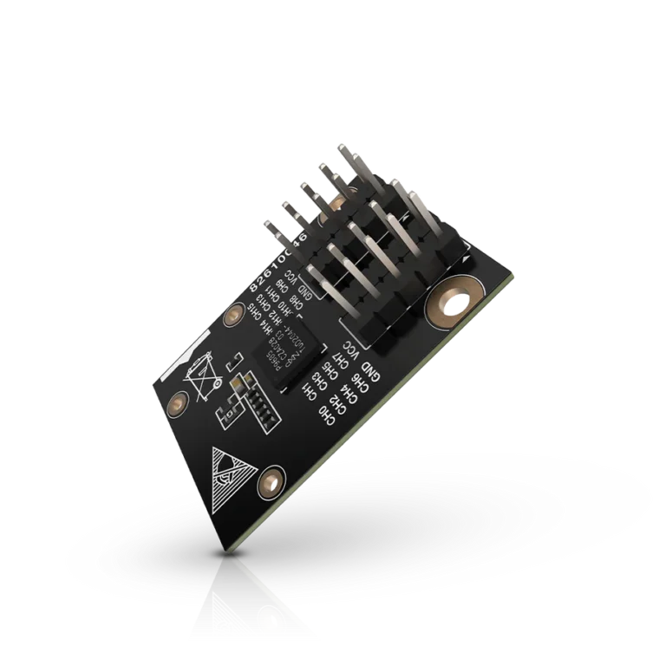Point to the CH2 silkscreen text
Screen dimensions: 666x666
click(x=339, y=405)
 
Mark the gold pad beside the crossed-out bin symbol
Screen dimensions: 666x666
click(x=178, y=402)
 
